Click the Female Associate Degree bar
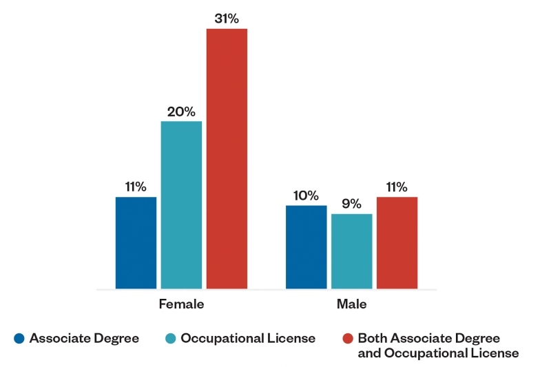point(136,242)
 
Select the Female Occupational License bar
point(181,205)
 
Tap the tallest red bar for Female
point(227,158)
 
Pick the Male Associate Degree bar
point(306,247)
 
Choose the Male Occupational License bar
point(351,251)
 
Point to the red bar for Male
point(397,242)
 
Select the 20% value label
point(181,112)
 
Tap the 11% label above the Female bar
point(136,187)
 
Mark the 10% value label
point(306,196)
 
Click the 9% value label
point(351,205)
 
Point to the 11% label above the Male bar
point(397,187)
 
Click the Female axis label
point(181,304)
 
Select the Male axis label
point(351,304)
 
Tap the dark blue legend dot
point(19,338)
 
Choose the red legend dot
point(347,338)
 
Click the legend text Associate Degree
point(84,338)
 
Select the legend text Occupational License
point(249,338)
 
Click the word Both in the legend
point(373,338)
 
